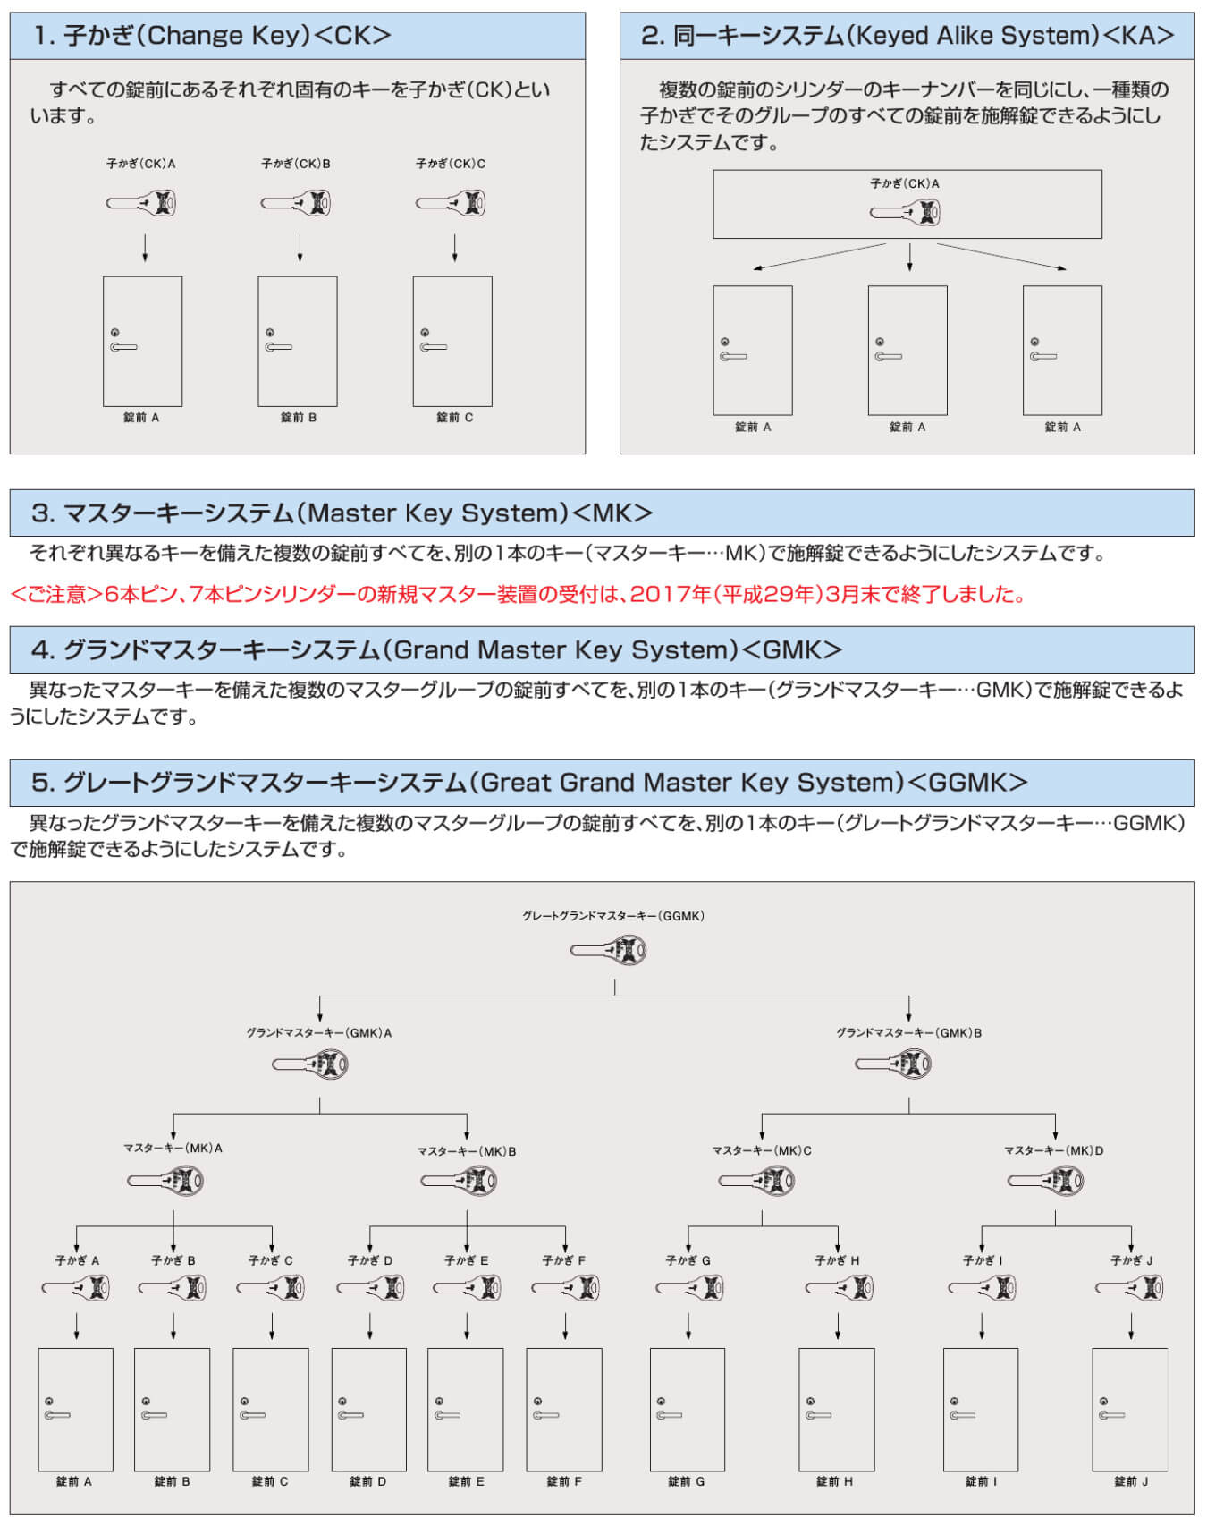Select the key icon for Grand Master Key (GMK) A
click(x=310, y=1064)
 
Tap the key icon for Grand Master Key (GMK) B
click(x=893, y=1064)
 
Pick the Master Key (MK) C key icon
click(x=756, y=1181)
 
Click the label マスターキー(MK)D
click(x=1053, y=1151)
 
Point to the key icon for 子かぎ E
click(x=467, y=1288)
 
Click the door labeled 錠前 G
click(x=688, y=1410)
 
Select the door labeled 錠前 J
click(x=1130, y=1410)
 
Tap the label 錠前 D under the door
click(x=367, y=1481)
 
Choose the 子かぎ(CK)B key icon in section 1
click(x=296, y=203)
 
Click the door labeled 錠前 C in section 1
click(x=452, y=341)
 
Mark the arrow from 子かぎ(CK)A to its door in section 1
click(x=145, y=248)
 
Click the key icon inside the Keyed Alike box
click(x=906, y=213)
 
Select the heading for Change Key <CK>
click(x=213, y=36)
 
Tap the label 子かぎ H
click(x=837, y=1260)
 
